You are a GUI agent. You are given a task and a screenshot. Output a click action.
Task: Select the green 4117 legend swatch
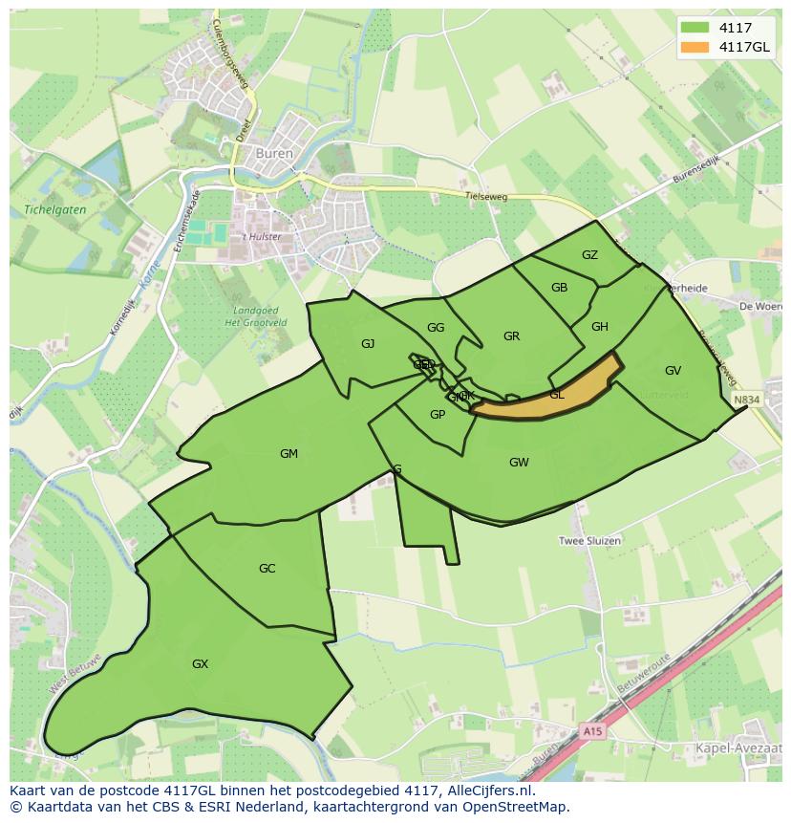(695, 28)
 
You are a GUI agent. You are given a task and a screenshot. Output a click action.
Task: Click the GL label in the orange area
(557, 394)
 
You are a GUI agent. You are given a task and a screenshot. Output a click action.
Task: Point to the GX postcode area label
(200, 663)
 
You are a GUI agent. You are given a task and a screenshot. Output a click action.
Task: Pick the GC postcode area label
(267, 568)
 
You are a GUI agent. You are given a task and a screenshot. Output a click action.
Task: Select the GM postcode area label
(289, 453)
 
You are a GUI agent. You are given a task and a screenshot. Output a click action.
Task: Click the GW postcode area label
(519, 462)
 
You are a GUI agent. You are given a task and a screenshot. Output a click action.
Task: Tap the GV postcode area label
(673, 370)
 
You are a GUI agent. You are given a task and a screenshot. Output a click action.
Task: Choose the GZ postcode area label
(589, 254)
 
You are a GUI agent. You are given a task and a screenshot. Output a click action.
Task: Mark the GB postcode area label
(560, 288)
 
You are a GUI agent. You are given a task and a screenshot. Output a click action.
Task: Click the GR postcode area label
(511, 336)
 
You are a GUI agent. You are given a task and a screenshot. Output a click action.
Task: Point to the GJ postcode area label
(368, 343)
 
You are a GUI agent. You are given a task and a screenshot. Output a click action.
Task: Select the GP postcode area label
(438, 414)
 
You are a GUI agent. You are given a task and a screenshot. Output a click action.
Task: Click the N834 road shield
(747, 399)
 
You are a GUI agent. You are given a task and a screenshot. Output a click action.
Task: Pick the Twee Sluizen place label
(589, 540)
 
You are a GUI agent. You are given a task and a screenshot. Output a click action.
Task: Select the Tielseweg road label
(484, 195)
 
